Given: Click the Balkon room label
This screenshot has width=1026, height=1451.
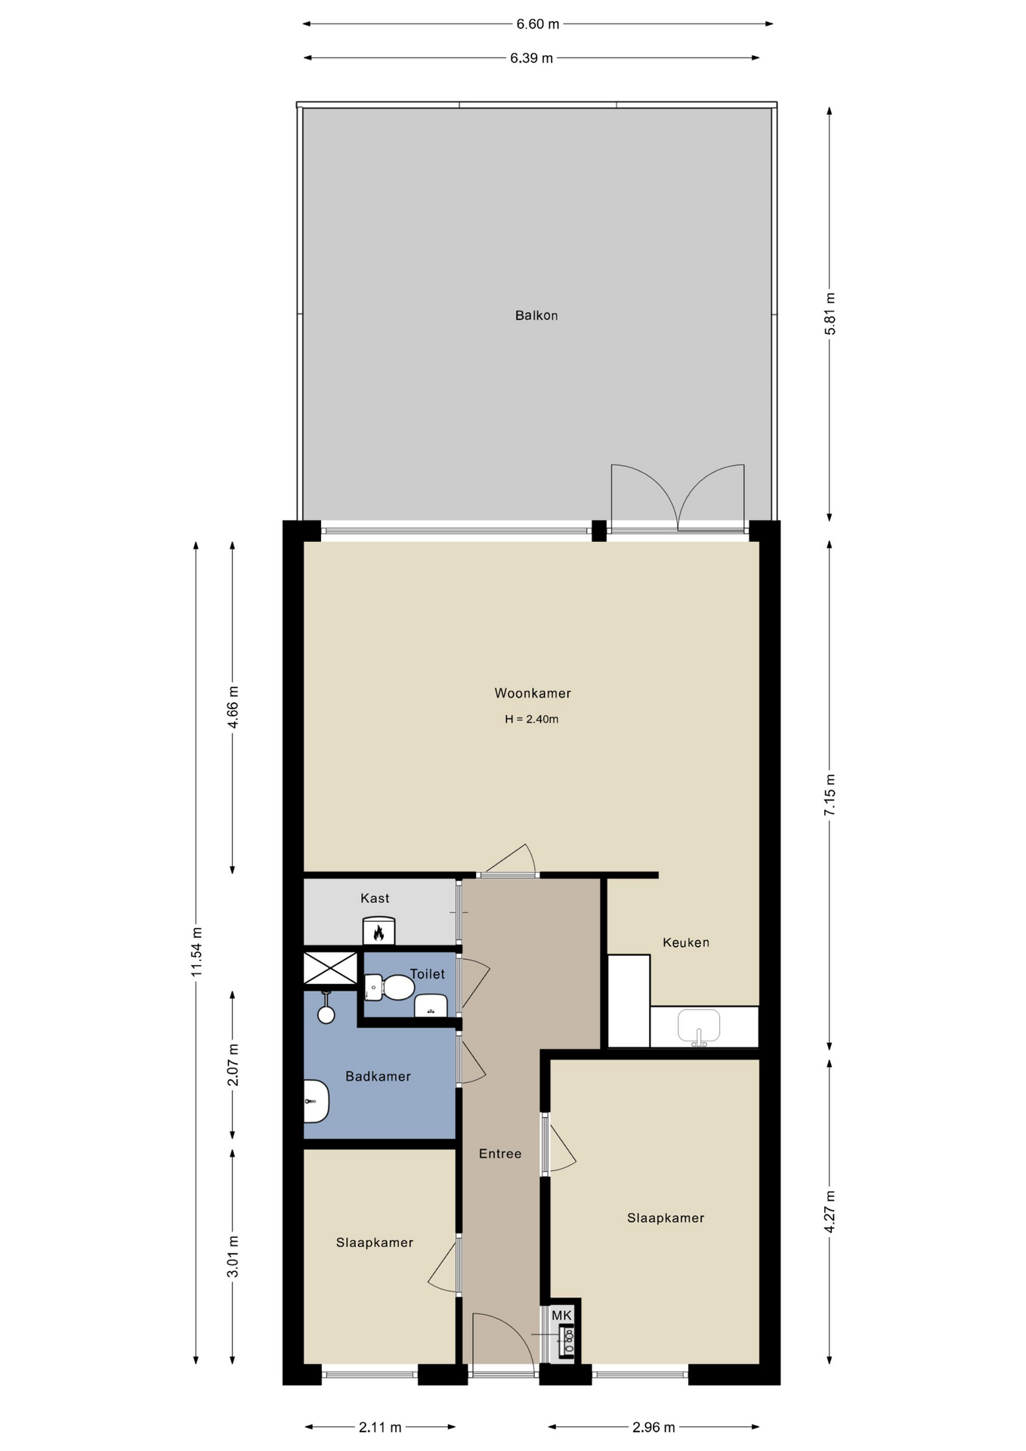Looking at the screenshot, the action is pos(536,315).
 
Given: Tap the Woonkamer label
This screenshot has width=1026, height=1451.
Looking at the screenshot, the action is pos(533,693).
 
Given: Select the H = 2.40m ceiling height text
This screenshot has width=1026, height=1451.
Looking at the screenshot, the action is pos(532,719).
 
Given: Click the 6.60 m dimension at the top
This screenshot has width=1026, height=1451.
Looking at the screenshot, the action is pos(538,24).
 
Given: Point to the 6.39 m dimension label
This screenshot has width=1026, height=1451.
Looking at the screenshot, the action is pos(531,58).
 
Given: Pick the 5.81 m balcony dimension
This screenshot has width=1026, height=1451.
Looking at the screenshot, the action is pos(830,314).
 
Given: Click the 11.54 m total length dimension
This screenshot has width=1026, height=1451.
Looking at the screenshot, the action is pos(196,951).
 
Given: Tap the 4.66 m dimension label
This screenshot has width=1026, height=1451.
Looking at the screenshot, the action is pos(233,707).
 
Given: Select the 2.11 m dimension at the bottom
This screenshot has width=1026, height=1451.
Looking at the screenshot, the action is pos(380,1428).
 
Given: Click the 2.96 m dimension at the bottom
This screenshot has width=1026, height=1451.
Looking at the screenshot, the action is pos(654,1428).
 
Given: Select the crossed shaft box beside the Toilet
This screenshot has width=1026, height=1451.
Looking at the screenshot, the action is pos(330,968).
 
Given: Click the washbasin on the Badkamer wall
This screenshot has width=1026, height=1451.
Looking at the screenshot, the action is pos(316,1101).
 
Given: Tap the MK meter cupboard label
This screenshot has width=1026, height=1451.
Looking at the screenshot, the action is pos(561,1316).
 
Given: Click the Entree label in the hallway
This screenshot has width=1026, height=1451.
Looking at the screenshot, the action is pos(500,1153).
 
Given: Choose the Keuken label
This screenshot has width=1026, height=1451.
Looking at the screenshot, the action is pos(686,942).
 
